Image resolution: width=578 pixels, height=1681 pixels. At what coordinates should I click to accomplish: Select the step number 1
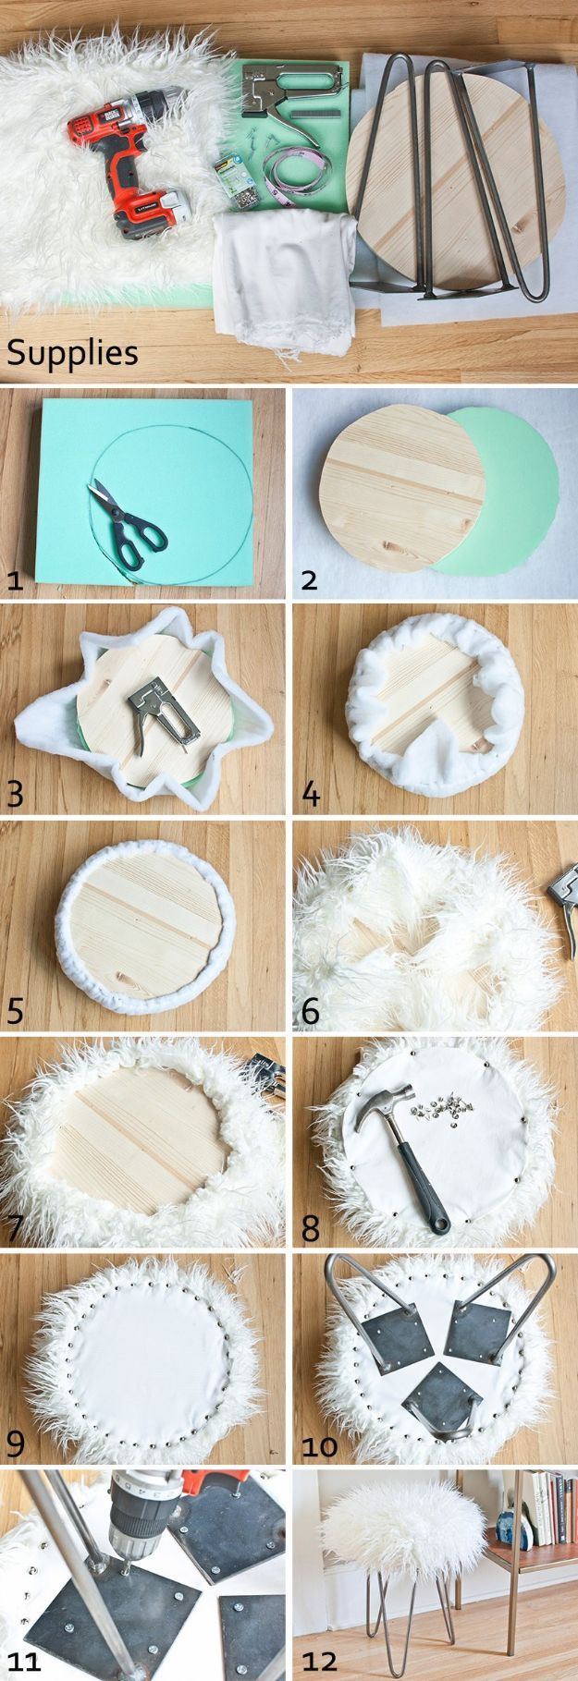coord(15,579)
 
